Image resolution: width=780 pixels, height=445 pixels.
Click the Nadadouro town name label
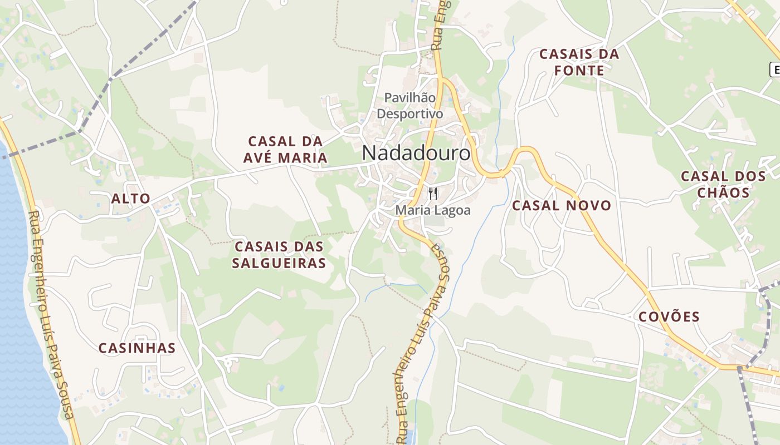416,153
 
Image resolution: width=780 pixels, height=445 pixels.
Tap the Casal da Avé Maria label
285,149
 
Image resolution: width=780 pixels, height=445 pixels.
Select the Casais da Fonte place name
579,62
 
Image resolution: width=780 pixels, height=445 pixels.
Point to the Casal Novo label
562,205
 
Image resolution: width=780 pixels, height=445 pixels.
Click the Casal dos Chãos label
723,184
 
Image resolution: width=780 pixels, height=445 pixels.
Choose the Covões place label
669,317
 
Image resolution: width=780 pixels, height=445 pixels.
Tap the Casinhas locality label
137,348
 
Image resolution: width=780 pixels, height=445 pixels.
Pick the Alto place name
131,199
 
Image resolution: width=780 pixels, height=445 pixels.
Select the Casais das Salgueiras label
279,254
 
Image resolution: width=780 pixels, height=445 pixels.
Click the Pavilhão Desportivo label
410,106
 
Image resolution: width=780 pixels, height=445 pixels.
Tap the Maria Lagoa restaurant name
433,210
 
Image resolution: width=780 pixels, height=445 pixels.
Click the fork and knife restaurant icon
433,194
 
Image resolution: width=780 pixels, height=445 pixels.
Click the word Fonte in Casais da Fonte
579,70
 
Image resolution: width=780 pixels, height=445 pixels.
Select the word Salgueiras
279,263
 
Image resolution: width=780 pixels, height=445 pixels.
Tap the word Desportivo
410,114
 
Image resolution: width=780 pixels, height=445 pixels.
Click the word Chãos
723,192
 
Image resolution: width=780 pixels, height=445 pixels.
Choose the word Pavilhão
410,97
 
